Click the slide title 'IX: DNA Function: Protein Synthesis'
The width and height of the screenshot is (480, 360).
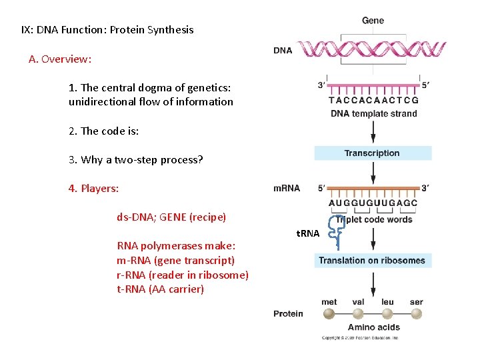click(x=107, y=29)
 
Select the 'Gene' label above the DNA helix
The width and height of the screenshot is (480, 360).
click(x=373, y=21)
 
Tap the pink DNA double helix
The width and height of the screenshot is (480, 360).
click(x=371, y=49)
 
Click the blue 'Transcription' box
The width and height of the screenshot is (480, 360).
click(x=373, y=153)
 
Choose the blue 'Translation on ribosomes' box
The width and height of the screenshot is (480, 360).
click(x=371, y=261)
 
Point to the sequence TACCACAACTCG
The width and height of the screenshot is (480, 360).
click(x=373, y=101)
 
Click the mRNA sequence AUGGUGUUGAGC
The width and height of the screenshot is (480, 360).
click(x=373, y=203)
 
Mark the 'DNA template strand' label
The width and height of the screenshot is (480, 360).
click(x=373, y=113)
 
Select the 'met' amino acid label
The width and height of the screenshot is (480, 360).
click(x=329, y=301)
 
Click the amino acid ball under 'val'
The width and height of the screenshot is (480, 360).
click(x=358, y=314)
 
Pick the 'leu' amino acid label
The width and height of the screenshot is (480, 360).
click(x=387, y=301)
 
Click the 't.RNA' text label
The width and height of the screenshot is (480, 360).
click(x=307, y=233)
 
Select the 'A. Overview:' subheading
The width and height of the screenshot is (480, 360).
click(x=60, y=59)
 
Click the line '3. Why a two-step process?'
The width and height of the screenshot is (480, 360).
click(x=136, y=159)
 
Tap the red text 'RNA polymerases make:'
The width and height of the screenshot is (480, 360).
click(x=171, y=245)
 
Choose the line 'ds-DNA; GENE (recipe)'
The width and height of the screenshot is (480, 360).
click(x=171, y=217)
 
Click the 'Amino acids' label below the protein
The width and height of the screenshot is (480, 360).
click(x=373, y=327)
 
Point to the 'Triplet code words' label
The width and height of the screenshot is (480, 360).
click(x=375, y=219)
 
